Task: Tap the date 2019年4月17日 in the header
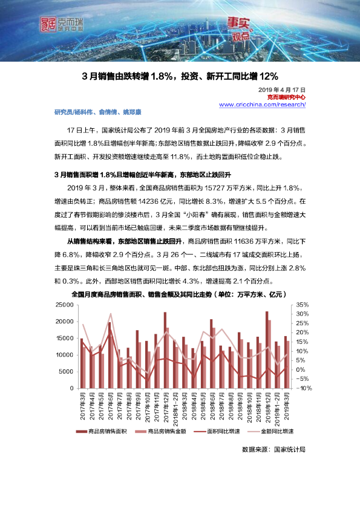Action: tap(286, 89)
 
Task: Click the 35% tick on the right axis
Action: tap(303, 305)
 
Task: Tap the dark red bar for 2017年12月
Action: tap(165, 350)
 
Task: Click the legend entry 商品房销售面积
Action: tap(106, 432)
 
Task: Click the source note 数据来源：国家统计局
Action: tap(273, 450)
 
